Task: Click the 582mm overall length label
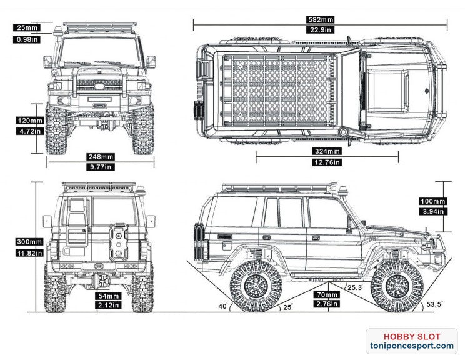click(320, 19)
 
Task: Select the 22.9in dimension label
click(320, 30)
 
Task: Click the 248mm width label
click(101, 156)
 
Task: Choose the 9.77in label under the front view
click(101, 167)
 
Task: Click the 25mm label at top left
click(27, 28)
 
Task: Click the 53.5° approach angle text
click(434, 304)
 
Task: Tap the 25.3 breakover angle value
click(354, 288)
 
